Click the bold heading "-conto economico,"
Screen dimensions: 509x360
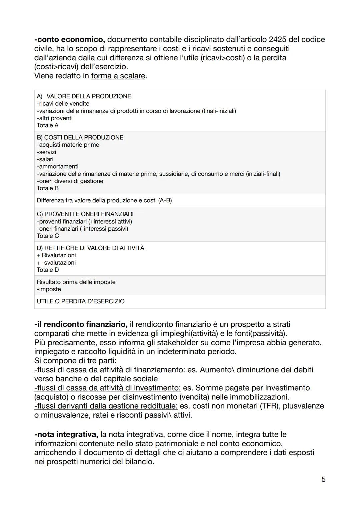coord(69,40)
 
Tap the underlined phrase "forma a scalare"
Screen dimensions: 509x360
coord(118,76)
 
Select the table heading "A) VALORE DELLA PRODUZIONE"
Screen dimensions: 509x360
coord(84,96)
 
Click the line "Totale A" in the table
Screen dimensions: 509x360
coord(48,126)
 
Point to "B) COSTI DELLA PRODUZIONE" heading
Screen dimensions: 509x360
coord(80,138)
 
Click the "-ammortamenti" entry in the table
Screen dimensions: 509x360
coord(58,167)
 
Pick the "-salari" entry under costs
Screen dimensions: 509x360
coord(45,159)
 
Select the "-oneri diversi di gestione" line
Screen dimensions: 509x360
coord(70,181)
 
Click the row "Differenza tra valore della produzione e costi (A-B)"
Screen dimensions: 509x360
coord(104,201)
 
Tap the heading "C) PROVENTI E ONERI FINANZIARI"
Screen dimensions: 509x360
coord(85,214)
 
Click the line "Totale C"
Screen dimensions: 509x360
coord(48,236)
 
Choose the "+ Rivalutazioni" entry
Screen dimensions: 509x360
coord(56,255)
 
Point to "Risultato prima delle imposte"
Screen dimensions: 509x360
coord(76,282)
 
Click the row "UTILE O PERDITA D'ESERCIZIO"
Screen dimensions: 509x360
coord(81,302)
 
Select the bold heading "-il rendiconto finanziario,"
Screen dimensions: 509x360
coord(81,324)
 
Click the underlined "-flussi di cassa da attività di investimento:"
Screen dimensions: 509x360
coord(107,388)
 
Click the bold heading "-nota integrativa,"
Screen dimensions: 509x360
coord(66,435)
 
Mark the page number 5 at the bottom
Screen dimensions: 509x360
coord(323,480)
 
